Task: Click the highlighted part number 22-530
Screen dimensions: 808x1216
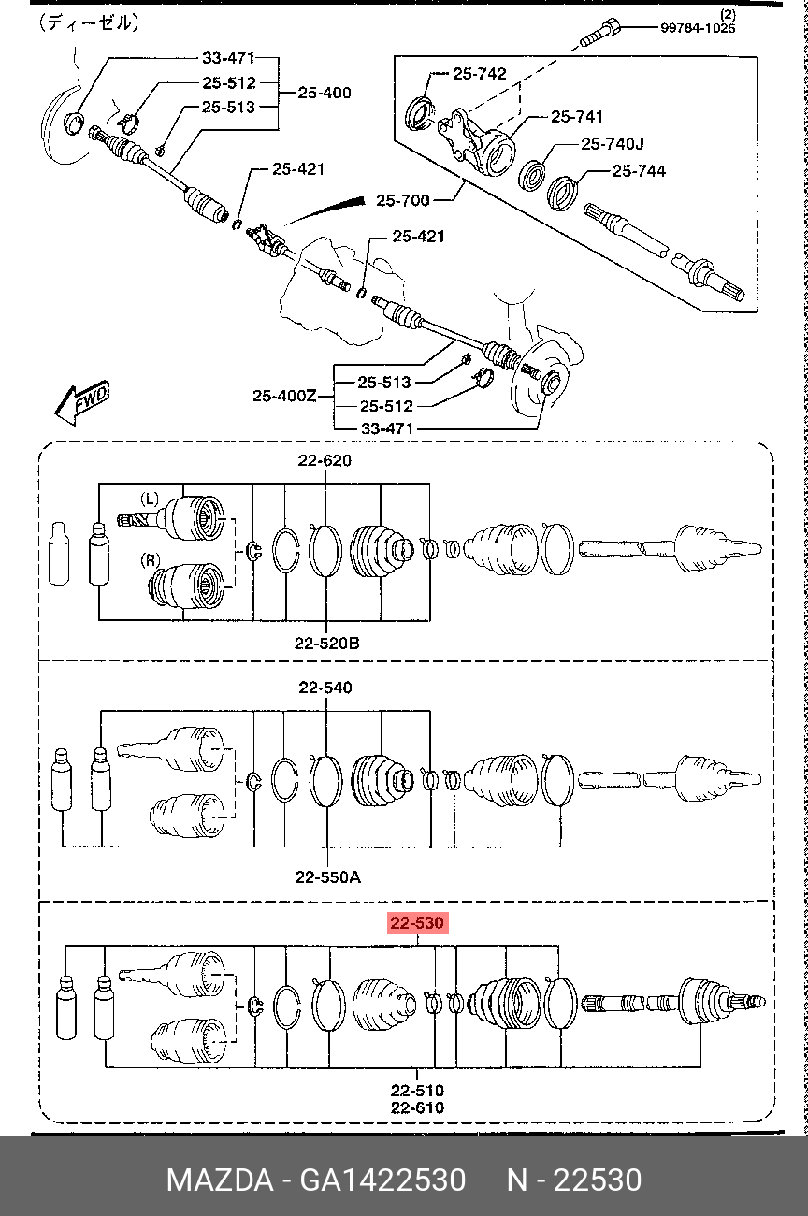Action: point(417,923)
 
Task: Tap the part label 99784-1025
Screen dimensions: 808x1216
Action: point(698,28)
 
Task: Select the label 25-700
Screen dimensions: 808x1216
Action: point(403,200)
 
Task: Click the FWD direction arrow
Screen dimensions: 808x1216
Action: point(82,403)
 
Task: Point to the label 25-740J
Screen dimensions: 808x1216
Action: point(613,143)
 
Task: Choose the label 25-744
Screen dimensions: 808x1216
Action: point(639,171)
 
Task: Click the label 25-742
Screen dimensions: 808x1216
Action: point(479,73)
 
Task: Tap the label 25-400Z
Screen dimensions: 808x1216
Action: point(284,396)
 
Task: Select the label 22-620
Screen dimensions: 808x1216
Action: point(325,460)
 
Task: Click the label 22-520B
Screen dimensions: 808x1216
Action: point(326,644)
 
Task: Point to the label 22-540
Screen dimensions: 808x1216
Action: point(325,688)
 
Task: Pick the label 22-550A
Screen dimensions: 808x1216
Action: point(327,876)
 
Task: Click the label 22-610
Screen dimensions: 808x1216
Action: point(417,1107)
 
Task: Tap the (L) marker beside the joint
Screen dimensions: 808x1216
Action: point(150,498)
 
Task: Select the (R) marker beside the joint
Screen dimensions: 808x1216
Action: point(151,560)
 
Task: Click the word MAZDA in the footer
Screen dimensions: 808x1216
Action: point(220,1180)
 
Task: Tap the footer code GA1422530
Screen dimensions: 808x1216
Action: point(382,1180)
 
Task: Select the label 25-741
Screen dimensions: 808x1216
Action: point(577,116)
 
